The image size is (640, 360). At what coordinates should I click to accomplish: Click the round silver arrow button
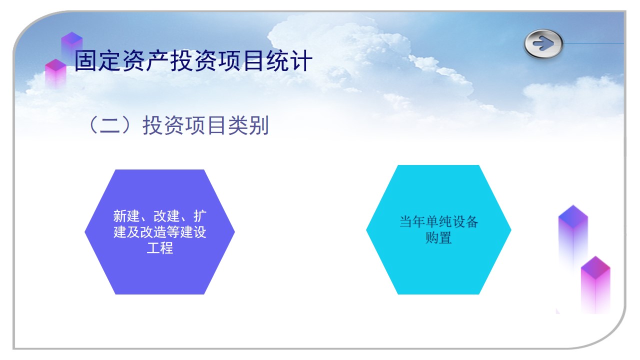(543, 43)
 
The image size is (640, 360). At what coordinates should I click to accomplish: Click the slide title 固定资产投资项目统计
(193, 60)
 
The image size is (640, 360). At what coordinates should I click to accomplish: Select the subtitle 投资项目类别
(205, 125)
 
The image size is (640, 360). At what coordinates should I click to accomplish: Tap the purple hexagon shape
(159, 232)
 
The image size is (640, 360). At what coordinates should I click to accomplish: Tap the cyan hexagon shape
(438, 229)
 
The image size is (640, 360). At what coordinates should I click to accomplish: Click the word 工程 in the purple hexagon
(159, 248)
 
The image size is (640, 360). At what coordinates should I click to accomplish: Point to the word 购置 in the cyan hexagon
(438, 237)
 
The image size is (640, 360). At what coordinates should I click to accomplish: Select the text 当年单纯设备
(438, 221)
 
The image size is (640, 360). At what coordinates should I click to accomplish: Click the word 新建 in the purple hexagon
(126, 216)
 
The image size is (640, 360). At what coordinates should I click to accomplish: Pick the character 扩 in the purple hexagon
(199, 216)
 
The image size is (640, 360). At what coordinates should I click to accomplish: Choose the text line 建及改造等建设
(159, 232)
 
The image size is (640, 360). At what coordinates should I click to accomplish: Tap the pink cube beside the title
(55, 73)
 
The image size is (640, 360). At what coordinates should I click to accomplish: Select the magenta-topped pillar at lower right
(595, 284)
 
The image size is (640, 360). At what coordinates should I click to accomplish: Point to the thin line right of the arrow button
(593, 43)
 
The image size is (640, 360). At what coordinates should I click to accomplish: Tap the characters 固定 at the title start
(97, 60)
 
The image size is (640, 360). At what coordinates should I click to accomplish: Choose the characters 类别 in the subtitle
(248, 125)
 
